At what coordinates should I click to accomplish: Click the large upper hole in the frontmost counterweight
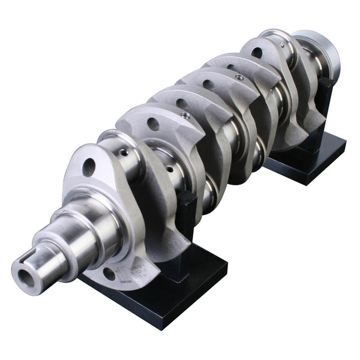(89, 166)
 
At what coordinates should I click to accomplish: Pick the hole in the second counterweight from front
(152, 124)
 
